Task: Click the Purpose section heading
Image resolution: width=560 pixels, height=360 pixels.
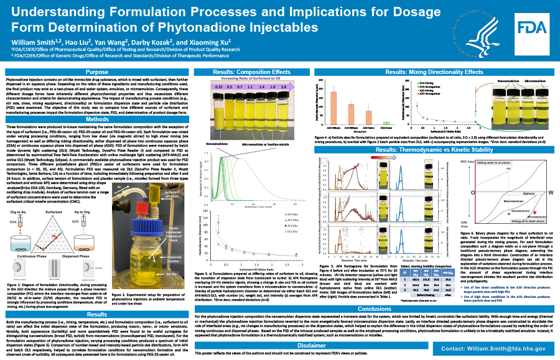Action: point(96,73)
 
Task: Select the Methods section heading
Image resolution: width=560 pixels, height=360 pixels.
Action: point(96,119)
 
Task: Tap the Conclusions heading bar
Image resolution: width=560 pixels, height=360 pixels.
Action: point(375,308)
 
